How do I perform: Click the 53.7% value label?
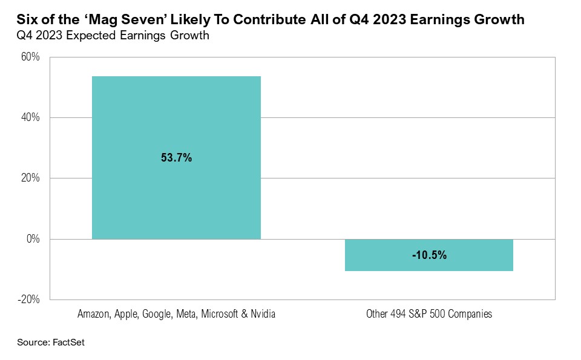tap(176, 158)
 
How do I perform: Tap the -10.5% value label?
tap(429, 255)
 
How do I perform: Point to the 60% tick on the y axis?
tap(31, 57)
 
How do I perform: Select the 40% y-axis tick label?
tap(31, 118)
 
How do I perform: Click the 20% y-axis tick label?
tap(31, 178)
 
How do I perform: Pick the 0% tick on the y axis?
tap(33, 239)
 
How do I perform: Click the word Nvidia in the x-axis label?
tap(263, 315)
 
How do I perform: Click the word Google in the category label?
tap(160, 315)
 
